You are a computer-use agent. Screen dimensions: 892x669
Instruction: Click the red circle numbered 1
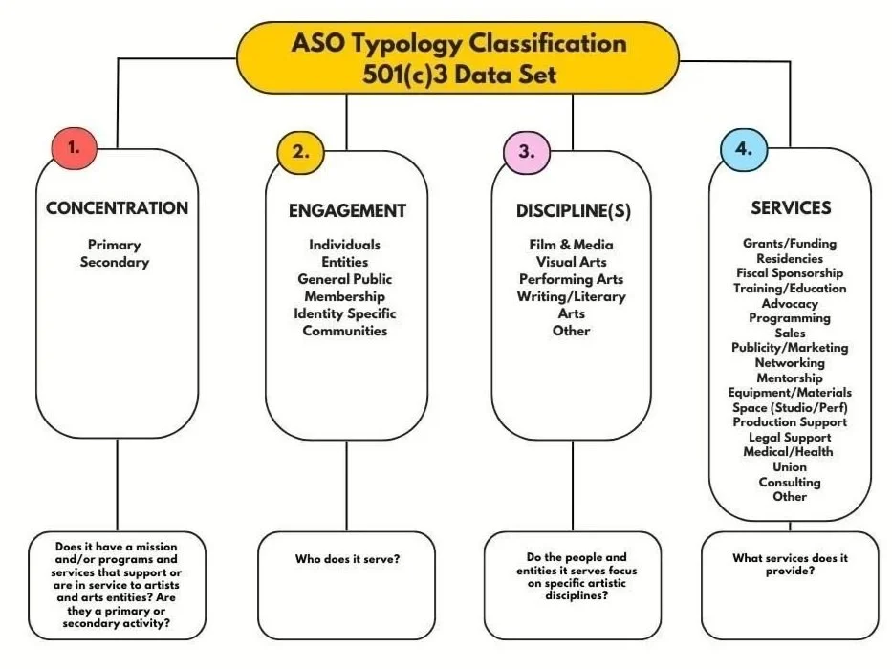point(75,148)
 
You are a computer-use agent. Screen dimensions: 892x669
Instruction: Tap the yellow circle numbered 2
point(300,153)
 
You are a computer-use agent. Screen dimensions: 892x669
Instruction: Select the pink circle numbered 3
point(527,153)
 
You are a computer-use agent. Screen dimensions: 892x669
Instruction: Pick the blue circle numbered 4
point(744,150)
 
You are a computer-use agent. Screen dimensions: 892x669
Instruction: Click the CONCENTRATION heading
point(118,208)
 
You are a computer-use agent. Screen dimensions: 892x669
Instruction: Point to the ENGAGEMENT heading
point(348,211)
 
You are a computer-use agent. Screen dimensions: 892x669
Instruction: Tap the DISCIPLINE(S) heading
point(574,211)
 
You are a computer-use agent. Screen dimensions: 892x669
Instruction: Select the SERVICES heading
point(791,208)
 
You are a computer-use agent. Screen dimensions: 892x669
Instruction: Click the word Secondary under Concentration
point(115,262)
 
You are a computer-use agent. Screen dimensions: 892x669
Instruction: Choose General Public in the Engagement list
point(345,279)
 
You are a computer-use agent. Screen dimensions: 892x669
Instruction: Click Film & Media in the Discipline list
point(571,246)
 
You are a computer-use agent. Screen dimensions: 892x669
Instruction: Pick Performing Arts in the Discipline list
point(571,279)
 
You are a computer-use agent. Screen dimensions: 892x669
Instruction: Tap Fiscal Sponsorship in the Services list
point(790,273)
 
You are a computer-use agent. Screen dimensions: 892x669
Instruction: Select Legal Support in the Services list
point(790,438)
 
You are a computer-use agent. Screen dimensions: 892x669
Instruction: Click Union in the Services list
point(790,467)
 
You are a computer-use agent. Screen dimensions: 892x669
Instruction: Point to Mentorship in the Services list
point(790,378)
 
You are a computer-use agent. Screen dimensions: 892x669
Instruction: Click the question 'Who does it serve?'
point(347,559)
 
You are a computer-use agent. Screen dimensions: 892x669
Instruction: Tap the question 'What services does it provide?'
point(790,564)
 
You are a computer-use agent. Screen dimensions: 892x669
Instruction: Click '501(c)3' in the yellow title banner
point(405,75)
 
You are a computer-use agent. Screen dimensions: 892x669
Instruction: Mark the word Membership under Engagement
point(345,296)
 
